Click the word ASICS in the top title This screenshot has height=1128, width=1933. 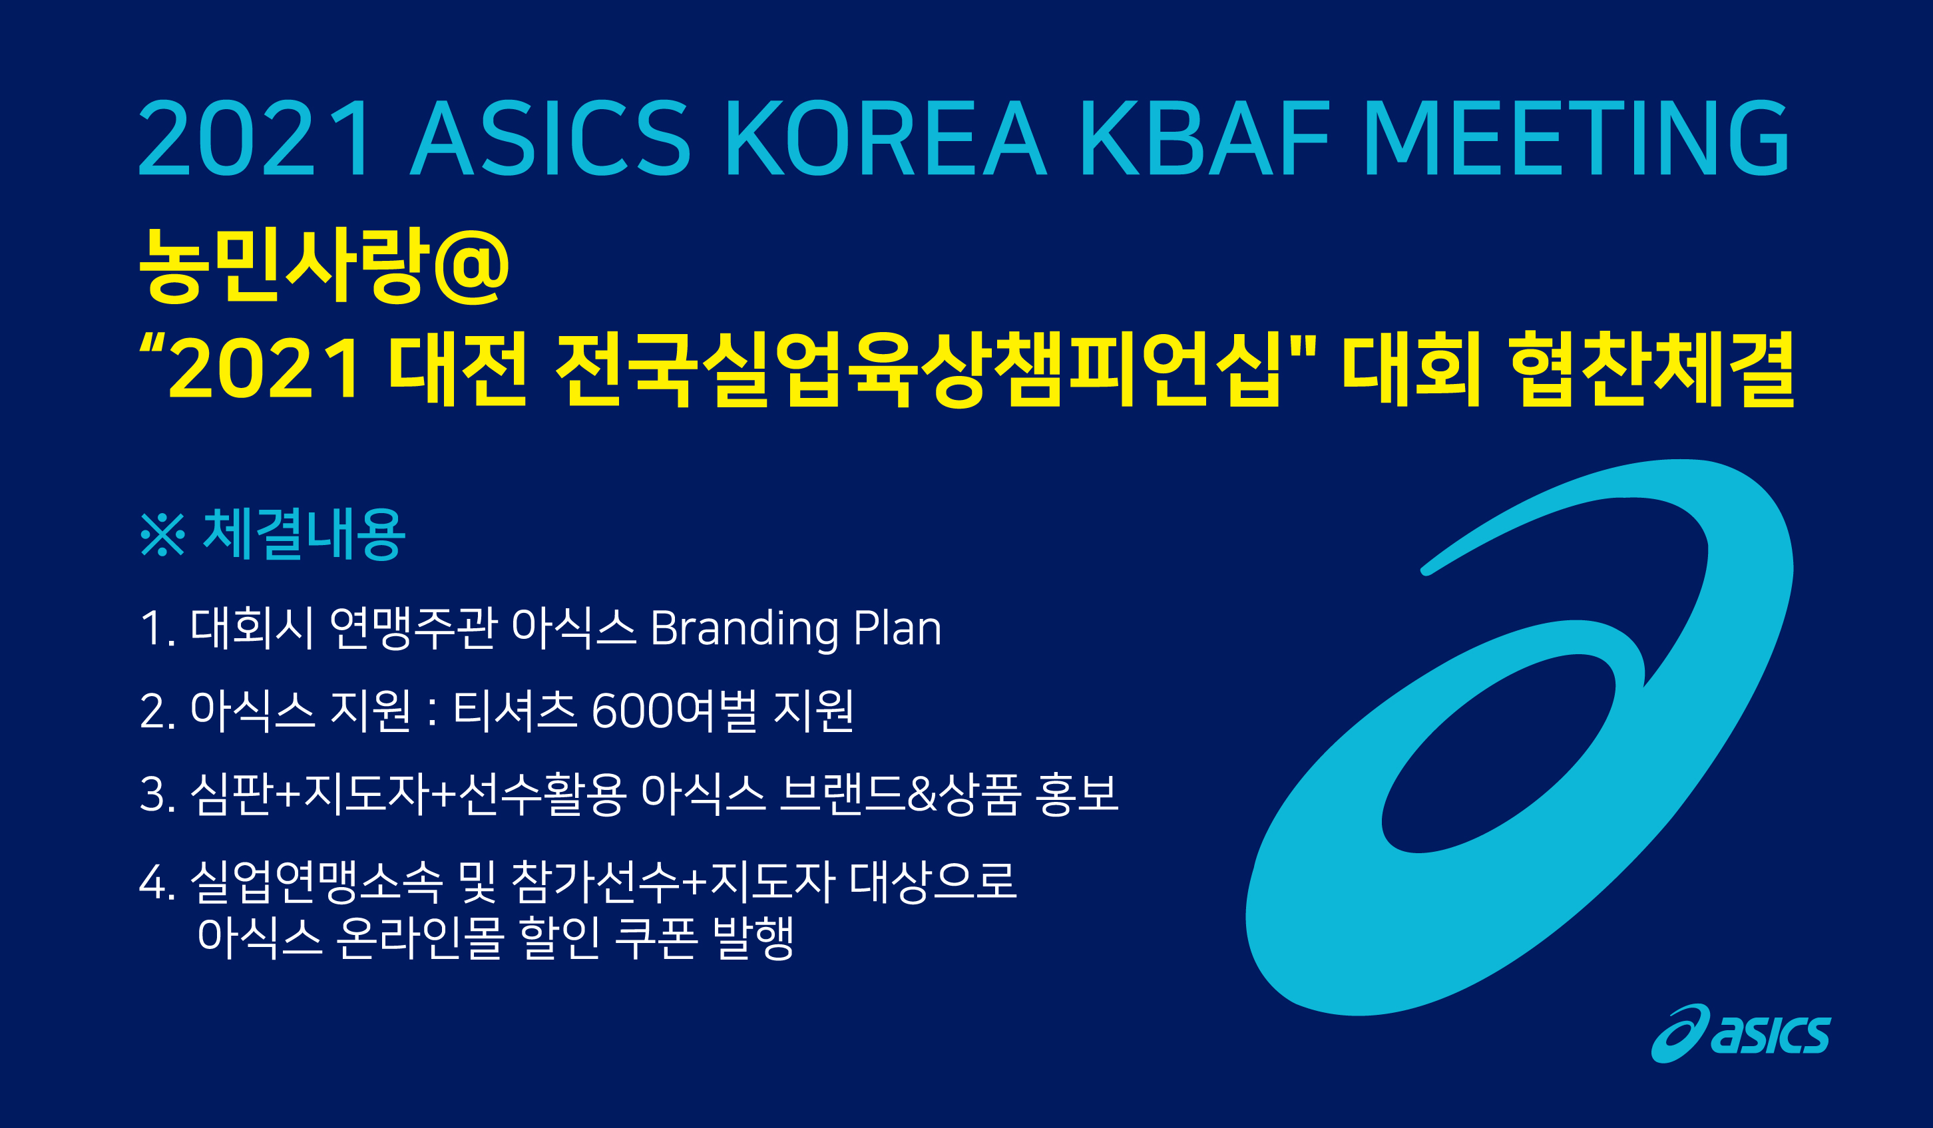[x=550, y=138]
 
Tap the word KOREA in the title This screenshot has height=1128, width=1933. [x=886, y=138]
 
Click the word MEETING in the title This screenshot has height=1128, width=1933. [x=1577, y=138]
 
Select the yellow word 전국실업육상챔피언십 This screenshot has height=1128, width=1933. [x=917, y=369]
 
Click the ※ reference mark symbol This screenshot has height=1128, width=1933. [x=162, y=534]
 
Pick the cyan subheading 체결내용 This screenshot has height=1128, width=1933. [x=304, y=534]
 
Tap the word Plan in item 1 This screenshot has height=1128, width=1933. [x=897, y=628]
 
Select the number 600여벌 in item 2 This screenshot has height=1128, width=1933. [x=675, y=710]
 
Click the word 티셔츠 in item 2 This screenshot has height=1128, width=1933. [x=515, y=709]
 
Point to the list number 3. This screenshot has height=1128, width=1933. [x=152, y=795]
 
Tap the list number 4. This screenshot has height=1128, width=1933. [x=152, y=882]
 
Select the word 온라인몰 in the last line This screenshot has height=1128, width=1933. [x=419, y=937]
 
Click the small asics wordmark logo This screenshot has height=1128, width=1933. [x=1741, y=1034]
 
